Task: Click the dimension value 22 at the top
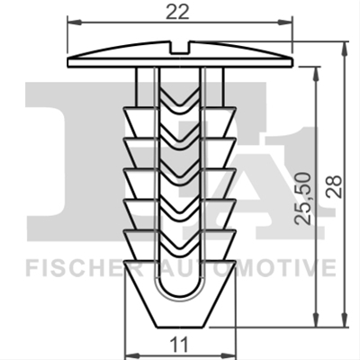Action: tap(178, 12)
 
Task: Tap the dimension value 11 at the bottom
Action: tap(180, 345)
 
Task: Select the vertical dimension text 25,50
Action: tap(302, 199)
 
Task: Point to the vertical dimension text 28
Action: tap(334, 186)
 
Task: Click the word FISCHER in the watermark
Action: tap(84, 269)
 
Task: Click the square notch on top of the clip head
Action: tap(180, 48)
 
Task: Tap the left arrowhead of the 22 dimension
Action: tap(75, 22)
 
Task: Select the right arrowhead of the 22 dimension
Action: tap(285, 22)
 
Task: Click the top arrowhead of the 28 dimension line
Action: tap(345, 49)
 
